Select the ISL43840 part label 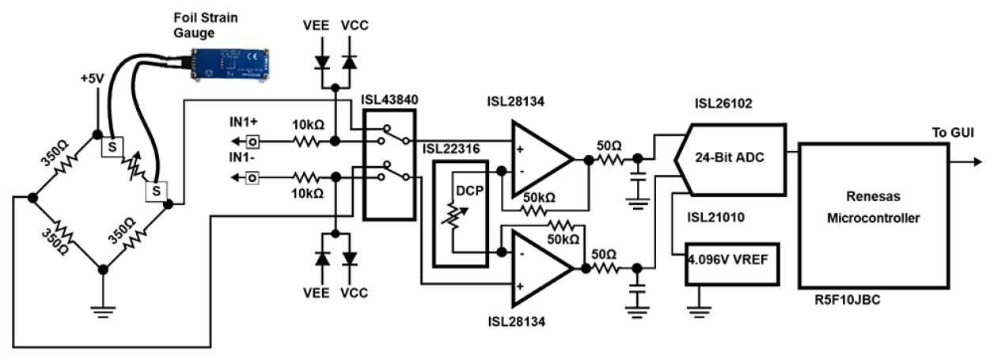pyautogui.click(x=390, y=98)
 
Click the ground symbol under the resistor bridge pyautogui.click(x=102, y=309)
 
